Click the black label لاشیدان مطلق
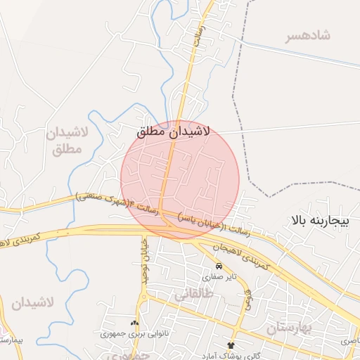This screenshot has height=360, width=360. click(x=179, y=131)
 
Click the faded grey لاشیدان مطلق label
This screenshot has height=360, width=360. click(x=67, y=141)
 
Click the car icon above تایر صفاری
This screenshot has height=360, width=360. click(x=219, y=266)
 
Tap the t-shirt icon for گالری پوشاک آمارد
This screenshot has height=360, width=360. click(x=231, y=345)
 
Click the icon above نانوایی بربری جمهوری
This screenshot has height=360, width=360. click(x=135, y=323)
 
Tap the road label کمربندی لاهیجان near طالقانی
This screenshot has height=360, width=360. click(x=239, y=256)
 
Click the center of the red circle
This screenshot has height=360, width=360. click(x=180, y=180)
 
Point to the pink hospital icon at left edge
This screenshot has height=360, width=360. click(x=2, y=330)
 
